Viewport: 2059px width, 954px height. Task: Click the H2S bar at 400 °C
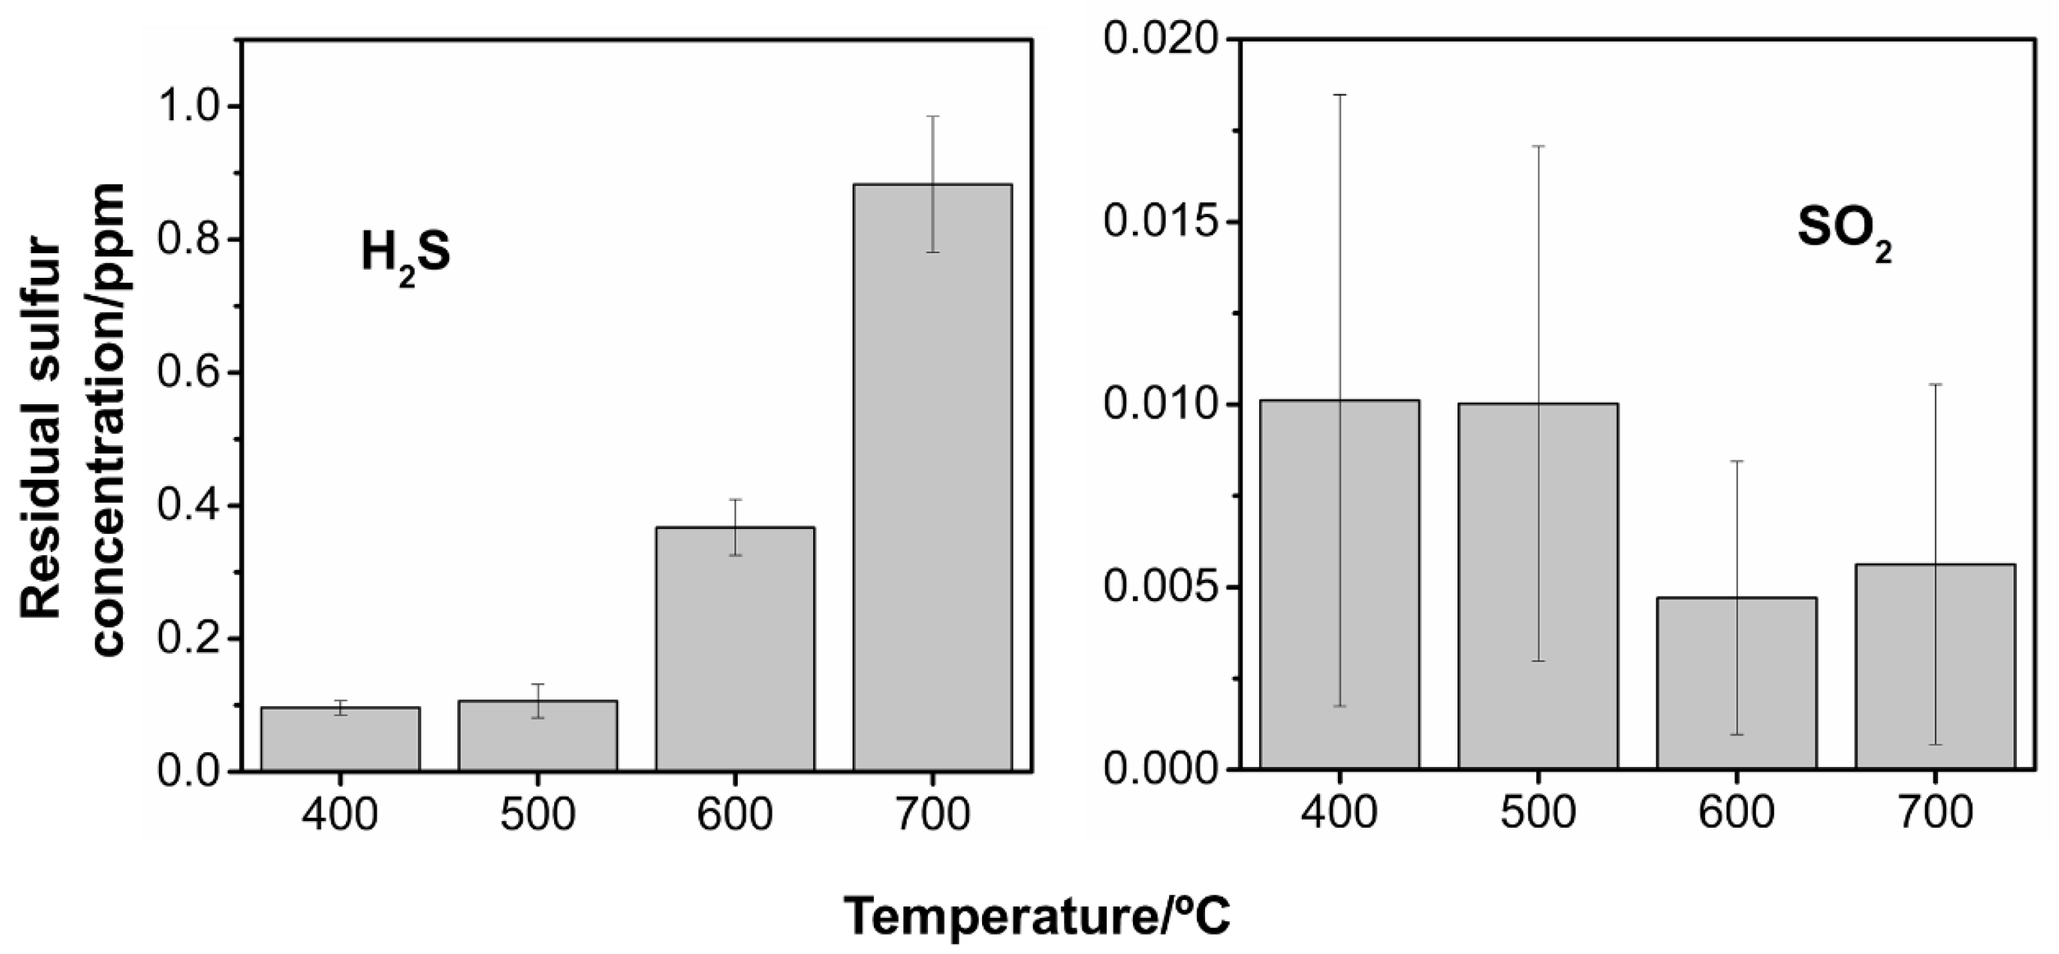tap(340, 739)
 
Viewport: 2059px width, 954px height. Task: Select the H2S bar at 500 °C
tap(538, 736)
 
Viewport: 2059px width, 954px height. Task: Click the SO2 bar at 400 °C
tap(1340, 585)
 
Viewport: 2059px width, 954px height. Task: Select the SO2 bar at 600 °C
tap(1736, 683)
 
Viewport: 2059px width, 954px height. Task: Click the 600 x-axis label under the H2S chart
tap(735, 815)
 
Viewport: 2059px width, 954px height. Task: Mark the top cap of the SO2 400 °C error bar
tap(1340, 95)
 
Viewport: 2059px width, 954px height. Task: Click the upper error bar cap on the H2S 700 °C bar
tap(933, 117)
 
